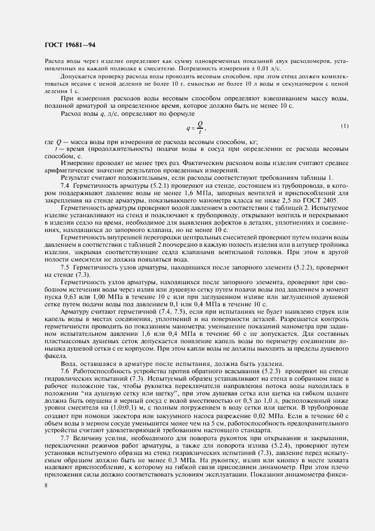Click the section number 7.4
coord(65,186)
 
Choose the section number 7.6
coord(65,370)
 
